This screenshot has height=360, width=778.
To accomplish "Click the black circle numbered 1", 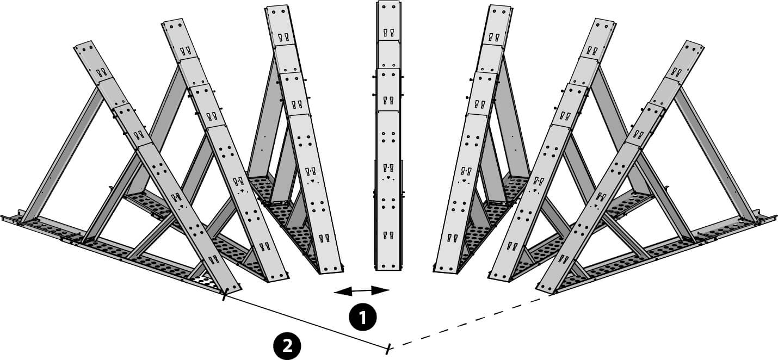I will pos(363,317).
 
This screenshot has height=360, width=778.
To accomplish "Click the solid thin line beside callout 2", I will pos(305,321).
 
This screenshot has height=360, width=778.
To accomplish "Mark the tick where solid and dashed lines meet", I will pos(388,349).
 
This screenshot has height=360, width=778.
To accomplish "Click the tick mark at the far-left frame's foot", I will pos(224,295).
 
